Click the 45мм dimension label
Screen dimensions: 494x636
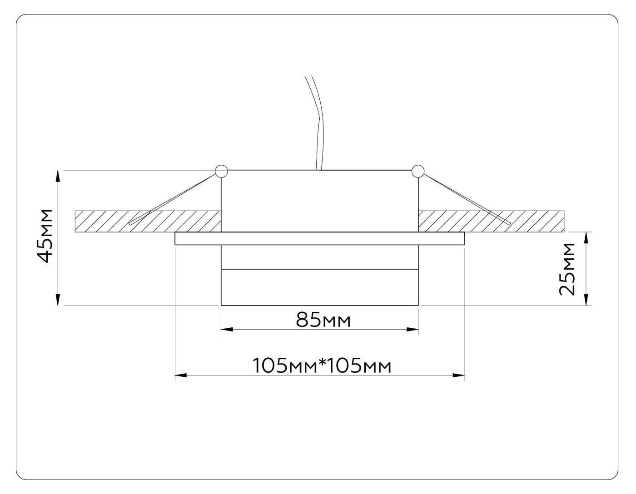coord(45,236)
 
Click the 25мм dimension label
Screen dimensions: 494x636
coord(567,269)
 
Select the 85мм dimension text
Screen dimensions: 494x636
coord(323,320)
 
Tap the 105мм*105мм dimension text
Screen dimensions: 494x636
coord(322,366)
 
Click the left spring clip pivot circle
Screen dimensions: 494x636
coord(221,171)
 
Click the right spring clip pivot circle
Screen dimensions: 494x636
coord(417,171)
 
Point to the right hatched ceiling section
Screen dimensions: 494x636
coord(536,221)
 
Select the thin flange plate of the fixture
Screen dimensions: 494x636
coord(319,239)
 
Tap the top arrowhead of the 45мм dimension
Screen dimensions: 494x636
coord(58,176)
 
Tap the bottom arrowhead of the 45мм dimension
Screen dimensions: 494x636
coord(58,300)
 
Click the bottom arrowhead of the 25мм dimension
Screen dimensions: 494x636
coord(587,300)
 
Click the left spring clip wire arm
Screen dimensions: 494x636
coord(173,198)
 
